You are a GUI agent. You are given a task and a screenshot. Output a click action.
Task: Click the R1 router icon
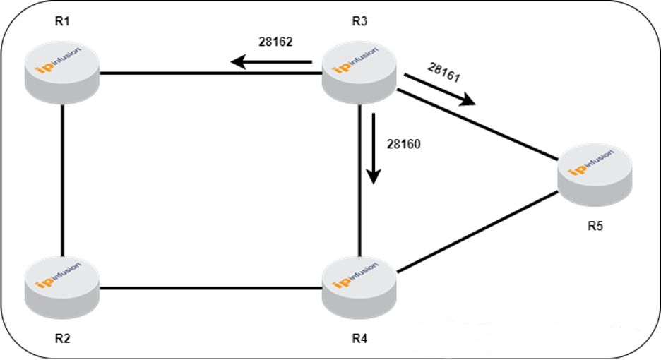(x=62, y=71)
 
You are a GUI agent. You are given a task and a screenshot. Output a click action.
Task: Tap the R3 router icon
(x=359, y=71)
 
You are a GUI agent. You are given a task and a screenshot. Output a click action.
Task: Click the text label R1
(x=62, y=20)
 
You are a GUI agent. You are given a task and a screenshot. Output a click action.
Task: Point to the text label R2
(x=62, y=338)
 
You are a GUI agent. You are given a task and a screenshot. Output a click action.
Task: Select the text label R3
(x=359, y=20)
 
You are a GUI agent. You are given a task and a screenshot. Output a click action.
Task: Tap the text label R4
(x=359, y=338)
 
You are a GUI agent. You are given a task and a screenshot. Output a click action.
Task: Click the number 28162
(x=275, y=42)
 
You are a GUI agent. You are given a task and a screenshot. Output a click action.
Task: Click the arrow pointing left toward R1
(x=272, y=63)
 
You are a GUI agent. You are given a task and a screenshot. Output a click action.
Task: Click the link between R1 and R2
(x=63, y=180)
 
